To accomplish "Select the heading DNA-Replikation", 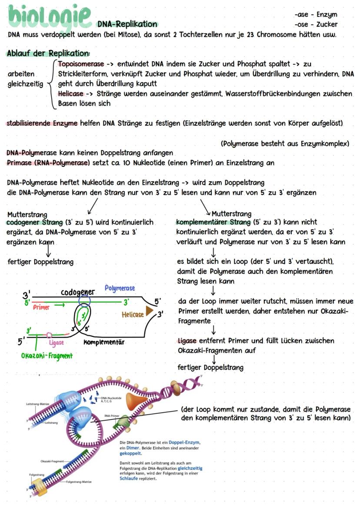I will point(127,24).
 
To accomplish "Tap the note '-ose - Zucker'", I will point(316,24).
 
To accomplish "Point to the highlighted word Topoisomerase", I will point(81,64).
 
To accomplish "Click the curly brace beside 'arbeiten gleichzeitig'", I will point(51,84).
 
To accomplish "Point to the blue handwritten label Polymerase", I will point(120,288).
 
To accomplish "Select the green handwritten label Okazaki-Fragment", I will point(47,355).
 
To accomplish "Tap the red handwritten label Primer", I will point(42,307).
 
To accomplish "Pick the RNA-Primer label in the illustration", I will point(112,415).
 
